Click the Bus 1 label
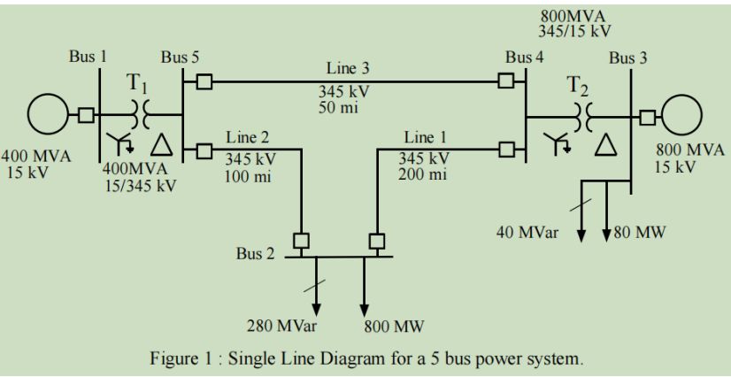coord(88,57)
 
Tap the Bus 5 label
coord(180,57)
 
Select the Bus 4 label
coord(525,57)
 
